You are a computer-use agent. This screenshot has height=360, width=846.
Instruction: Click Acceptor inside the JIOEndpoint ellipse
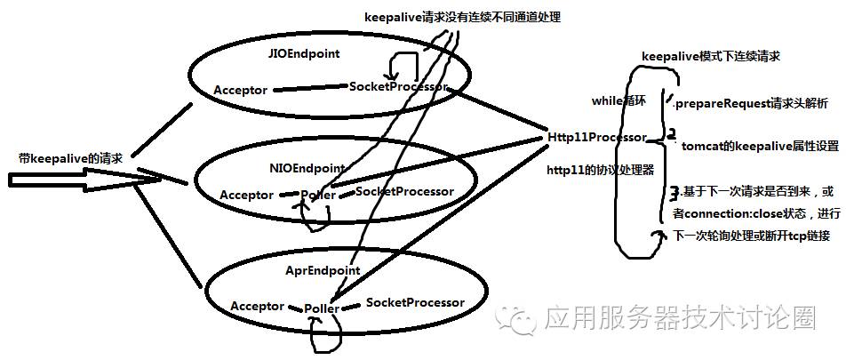241,91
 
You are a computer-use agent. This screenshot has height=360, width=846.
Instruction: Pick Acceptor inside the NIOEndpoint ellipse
247,195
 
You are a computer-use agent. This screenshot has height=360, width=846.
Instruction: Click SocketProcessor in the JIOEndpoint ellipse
398,87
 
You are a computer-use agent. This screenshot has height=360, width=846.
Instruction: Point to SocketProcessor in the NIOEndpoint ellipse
404,192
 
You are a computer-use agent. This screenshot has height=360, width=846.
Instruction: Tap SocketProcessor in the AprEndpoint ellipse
415,303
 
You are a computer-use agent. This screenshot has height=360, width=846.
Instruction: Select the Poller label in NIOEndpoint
317,196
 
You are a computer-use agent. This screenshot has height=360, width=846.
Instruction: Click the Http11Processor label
596,138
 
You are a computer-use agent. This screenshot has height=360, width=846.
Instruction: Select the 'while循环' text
619,101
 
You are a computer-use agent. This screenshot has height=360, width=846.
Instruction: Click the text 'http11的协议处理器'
599,170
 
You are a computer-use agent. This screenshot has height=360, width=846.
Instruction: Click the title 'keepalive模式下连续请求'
712,56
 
